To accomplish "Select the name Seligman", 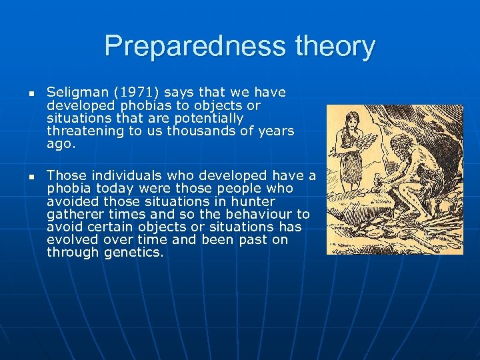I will [75, 92].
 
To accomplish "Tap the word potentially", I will [207, 119].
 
